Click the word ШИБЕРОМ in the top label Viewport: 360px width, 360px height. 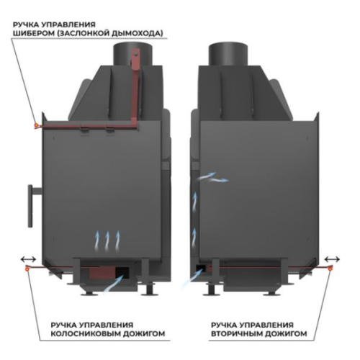tap(34, 33)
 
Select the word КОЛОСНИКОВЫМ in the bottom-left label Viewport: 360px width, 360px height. tap(86, 333)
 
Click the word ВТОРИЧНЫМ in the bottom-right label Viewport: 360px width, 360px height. tap(237, 333)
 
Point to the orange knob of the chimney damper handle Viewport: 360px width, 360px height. tap(36, 125)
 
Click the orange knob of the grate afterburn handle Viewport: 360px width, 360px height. tap(27, 269)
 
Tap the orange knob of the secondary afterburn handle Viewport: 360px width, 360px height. tap(330, 269)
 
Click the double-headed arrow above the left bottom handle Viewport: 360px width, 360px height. tap(28, 259)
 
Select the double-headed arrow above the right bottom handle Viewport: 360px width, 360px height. tap(332, 259)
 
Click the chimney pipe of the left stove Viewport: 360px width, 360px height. tap(132, 54)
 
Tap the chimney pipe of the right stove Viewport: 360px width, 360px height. tap(228, 54)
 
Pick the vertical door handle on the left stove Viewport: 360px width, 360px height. tap(31, 206)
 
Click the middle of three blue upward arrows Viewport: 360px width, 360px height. tap(107, 241)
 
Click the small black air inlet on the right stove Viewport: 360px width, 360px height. tap(200, 268)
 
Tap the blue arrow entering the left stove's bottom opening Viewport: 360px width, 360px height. tap(113, 284)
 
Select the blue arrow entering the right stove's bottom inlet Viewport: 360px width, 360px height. tap(192, 279)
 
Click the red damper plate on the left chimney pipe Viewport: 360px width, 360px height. tap(135, 59)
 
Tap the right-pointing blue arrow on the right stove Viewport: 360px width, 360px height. tap(218, 180)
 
